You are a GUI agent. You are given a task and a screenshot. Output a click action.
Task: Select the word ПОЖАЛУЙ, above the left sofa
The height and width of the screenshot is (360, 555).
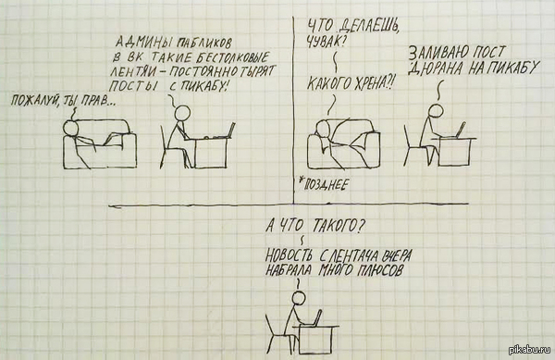(35, 100)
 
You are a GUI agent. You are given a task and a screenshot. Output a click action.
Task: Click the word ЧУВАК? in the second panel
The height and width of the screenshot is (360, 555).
(325, 43)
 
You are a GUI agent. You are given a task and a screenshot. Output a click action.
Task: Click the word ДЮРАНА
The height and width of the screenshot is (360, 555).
(436, 68)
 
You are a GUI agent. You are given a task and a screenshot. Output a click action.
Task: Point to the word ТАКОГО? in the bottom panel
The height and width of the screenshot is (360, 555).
(337, 226)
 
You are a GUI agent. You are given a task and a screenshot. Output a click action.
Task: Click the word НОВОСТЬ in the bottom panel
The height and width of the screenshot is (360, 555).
(289, 255)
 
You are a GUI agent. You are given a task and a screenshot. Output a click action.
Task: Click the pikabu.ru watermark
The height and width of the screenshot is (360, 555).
(530, 350)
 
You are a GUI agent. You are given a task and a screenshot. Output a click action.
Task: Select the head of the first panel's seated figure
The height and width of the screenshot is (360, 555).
(182, 112)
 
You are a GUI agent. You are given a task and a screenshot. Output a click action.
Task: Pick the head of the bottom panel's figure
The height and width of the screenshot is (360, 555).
(299, 298)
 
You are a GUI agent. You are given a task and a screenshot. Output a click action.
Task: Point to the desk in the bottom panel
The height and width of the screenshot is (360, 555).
(315, 340)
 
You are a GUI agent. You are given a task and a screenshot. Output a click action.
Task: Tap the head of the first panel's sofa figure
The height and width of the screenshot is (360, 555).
(69, 128)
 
